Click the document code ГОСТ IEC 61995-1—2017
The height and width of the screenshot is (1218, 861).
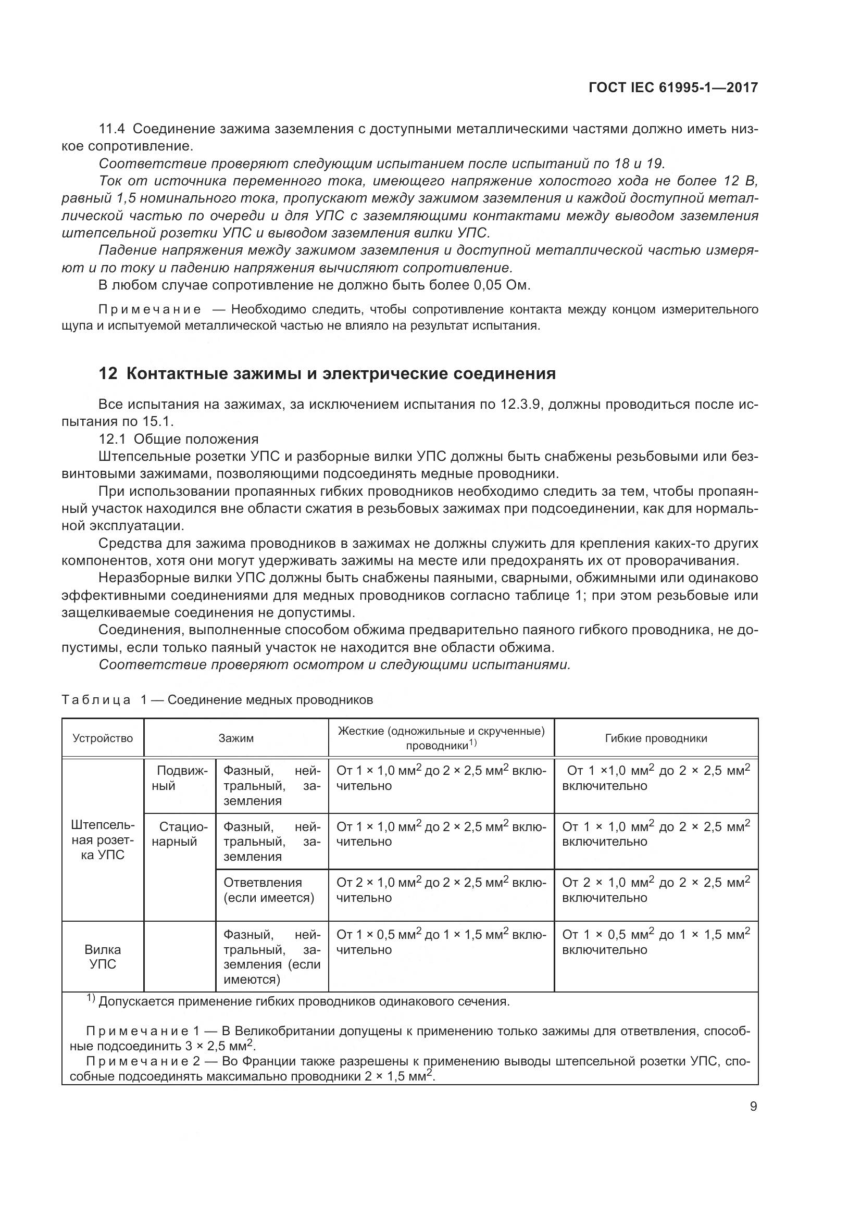672,87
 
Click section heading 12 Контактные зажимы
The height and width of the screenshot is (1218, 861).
327,373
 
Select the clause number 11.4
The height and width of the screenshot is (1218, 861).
112,129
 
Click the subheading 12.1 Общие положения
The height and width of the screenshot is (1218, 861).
178,438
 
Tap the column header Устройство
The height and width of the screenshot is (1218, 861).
103,738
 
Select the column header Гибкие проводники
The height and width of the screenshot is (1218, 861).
656,738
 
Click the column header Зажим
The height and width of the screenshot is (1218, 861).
236,738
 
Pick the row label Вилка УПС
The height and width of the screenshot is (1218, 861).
103,957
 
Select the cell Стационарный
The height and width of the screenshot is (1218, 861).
179,834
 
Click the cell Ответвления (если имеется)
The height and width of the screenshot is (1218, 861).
269,890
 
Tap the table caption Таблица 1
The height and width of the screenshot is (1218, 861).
96,700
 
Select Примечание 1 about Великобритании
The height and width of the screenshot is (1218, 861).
142,1031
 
